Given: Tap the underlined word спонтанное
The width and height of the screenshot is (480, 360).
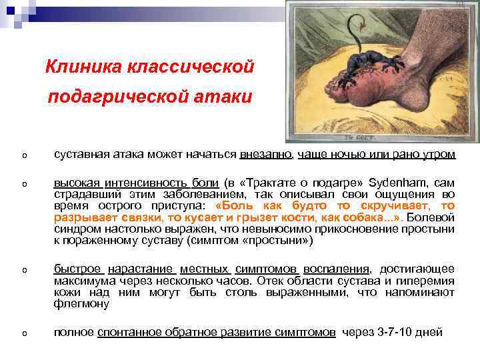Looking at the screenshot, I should (x=129, y=332).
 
